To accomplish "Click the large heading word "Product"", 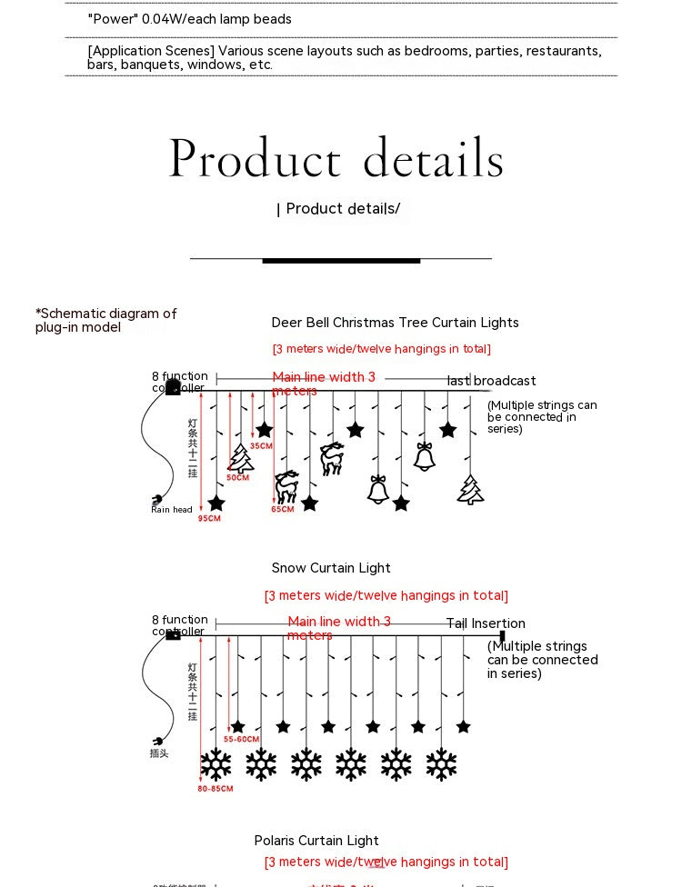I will (255, 160).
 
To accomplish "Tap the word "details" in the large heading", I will (433, 160).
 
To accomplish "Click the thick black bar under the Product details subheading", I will (341, 261).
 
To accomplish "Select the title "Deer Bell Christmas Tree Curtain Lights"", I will (395, 323).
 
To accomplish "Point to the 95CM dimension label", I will (209, 518).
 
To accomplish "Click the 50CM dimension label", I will (238, 477).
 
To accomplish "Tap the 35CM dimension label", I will (261, 446).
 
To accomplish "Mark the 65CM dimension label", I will (283, 509).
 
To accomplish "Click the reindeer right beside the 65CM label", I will (287, 487).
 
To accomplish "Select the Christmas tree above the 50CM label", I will (241, 457).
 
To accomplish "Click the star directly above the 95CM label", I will (216, 503).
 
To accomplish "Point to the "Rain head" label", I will (172, 510).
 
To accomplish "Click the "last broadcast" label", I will (491, 381).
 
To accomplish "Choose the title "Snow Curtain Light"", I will (331, 568).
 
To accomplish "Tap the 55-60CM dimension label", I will (241, 740).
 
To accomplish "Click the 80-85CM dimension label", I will (215, 789).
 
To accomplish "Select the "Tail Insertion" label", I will (486, 623).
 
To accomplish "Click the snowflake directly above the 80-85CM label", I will (216, 764).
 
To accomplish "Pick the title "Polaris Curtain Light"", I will (316, 841).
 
